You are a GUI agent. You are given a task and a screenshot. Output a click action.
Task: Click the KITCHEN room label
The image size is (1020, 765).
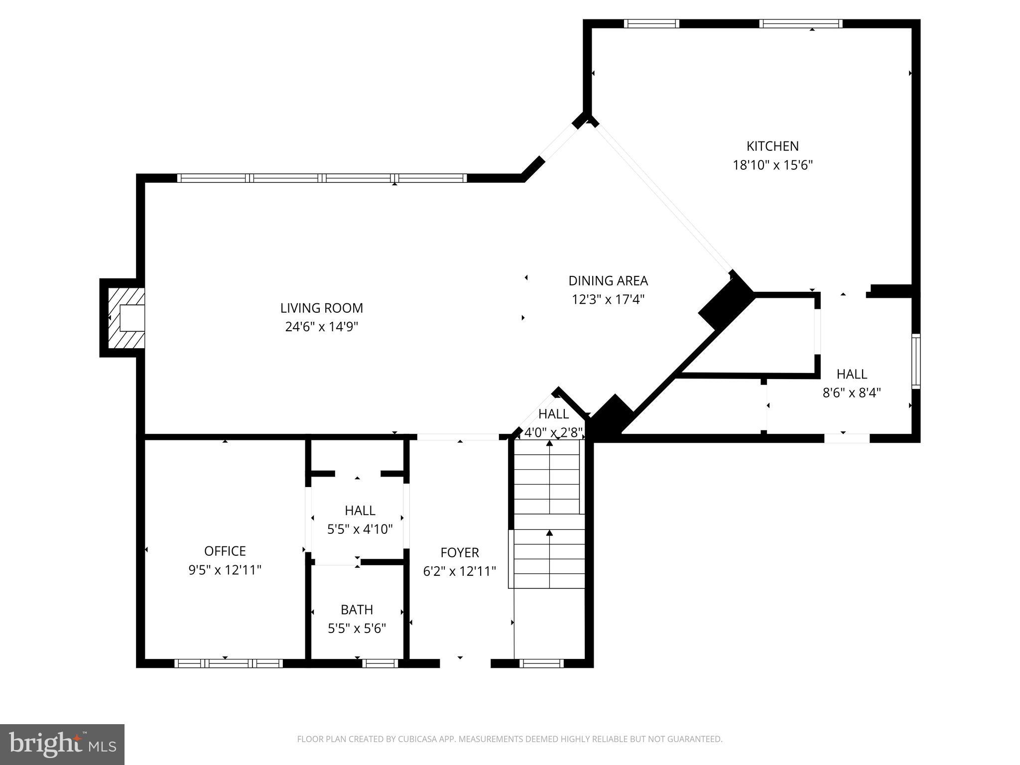[772, 146]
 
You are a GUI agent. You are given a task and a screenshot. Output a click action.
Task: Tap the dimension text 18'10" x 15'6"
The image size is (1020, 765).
[772, 165]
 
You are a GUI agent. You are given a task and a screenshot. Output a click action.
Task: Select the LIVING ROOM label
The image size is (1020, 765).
[321, 308]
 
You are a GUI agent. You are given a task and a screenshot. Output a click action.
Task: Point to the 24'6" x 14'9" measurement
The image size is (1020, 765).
[321, 327]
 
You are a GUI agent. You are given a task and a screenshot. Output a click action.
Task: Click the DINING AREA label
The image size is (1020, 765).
[608, 281]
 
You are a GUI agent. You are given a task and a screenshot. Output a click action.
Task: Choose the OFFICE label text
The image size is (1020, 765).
[225, 551]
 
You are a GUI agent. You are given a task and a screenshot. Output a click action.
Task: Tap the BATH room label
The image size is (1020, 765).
[357, 610]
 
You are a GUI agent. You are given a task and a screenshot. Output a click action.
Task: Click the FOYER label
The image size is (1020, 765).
[459, 552]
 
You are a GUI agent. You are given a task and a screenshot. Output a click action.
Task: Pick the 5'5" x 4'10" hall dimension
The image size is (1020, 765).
[360, 529]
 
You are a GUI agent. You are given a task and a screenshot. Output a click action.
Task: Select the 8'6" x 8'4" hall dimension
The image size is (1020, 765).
[851, 393]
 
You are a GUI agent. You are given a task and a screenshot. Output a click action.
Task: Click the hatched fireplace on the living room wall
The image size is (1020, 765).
[127, 318]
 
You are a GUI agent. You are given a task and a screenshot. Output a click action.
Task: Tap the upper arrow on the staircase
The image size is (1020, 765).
[549, 443]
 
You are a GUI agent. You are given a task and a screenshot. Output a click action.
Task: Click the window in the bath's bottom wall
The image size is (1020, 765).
[380, 663]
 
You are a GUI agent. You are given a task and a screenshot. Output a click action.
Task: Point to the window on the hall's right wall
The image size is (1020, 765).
[915, 361]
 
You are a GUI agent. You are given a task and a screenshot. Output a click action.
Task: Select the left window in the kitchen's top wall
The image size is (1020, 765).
[651, 23]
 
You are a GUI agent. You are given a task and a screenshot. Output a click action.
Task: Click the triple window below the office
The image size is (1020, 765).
[229, 663]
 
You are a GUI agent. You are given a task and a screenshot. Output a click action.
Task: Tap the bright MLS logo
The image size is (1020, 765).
[62, 744]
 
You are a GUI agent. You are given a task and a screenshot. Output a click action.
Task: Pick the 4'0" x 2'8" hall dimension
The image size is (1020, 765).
[553, 432]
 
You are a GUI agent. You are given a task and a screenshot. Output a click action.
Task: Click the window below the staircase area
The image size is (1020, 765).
[541, 663]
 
